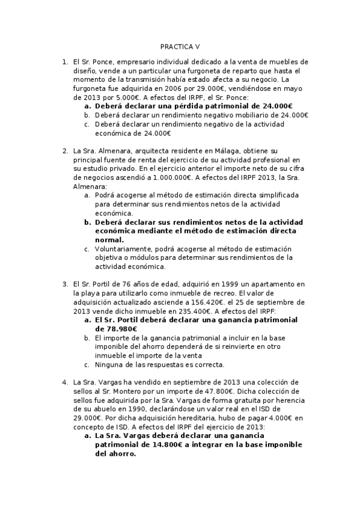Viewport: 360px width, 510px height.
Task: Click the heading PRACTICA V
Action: pos(180,46)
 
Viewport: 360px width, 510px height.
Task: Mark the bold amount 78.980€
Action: pos(116,329)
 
